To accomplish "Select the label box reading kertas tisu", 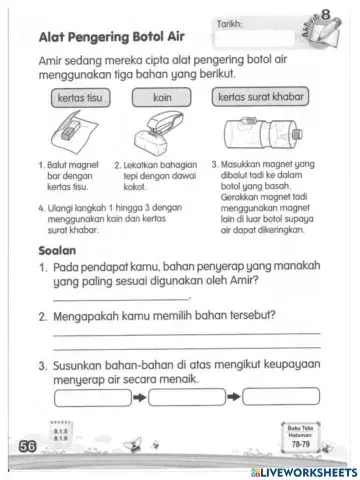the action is [x=73, y=100].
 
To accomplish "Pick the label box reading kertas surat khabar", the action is [x=260, y=99].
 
